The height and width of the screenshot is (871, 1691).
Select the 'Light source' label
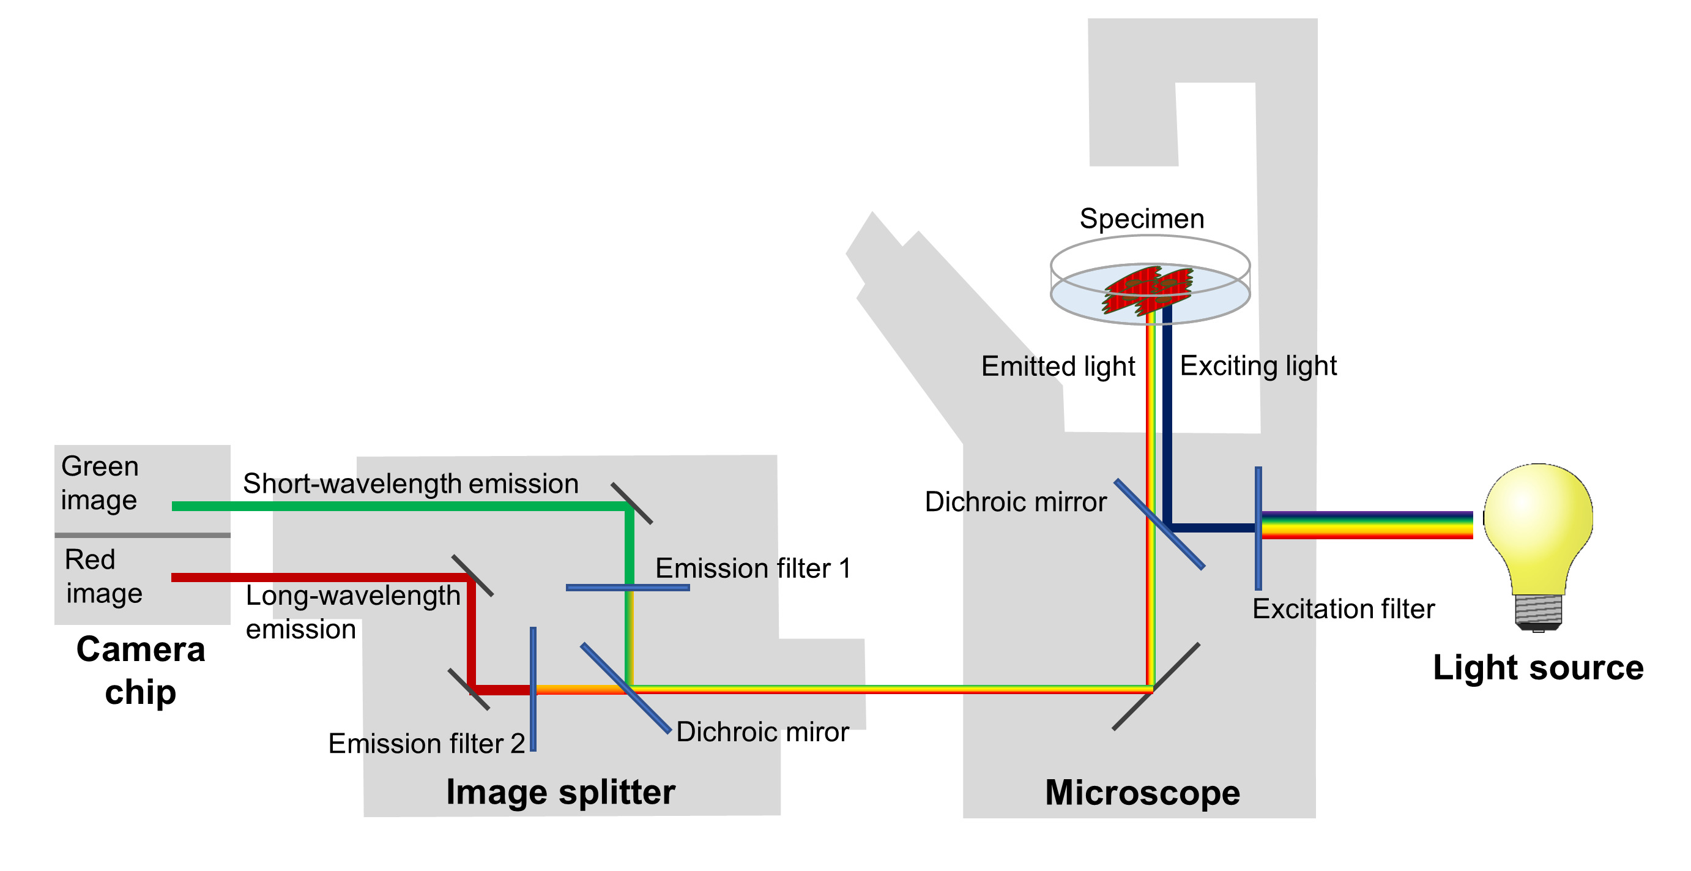click(x=1537, y=668)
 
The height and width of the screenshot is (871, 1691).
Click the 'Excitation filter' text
click(x=1343, y=609)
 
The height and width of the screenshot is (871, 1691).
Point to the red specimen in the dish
click(x=1148, y=289)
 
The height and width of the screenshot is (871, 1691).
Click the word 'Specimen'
click(x=1142, y=219)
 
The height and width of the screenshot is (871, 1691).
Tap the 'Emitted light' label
click(x=1058, y=366)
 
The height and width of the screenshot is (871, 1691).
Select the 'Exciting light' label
click(x=1258, y=366)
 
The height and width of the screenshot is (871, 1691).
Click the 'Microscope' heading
click(x=1142, y=792)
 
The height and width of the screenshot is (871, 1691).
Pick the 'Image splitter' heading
click(x=560, y=792)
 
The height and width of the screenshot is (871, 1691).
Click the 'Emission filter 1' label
click(x=753, y=568)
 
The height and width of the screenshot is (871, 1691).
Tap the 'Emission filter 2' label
click(x=426, y=744)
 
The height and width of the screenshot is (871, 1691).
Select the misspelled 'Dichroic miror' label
click(x=762, y=731)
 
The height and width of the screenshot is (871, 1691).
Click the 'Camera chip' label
click(x=141, y=670)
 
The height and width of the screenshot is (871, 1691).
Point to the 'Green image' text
click(x=99, y=483)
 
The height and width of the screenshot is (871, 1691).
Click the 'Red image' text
click(x=103, y=576)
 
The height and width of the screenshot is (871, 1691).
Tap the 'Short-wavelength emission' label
click(x=411, y=484)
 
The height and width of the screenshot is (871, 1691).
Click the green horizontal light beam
click(x=394, y=506)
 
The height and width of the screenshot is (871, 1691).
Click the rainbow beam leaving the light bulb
click(x=1366, y=526)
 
